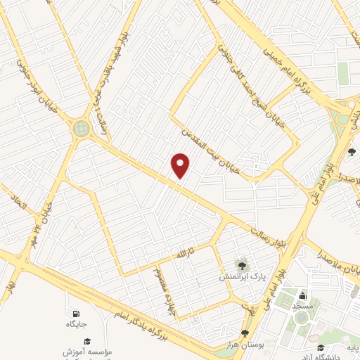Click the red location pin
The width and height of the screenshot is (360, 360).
click(181, 165)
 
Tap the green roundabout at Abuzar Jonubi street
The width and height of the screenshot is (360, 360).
click(82, 129)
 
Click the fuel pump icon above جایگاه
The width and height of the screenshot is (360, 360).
click(75, 313)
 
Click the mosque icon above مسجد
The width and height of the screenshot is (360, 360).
click(303, 295)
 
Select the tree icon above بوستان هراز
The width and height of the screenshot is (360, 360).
click(245, 333)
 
